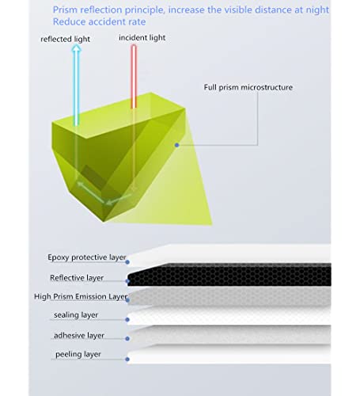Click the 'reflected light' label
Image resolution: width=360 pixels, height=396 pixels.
point(65,39)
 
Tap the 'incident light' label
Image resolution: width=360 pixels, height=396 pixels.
point(142,38)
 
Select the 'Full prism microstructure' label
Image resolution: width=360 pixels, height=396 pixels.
point(248,87)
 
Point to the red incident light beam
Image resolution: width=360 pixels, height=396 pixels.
point(134,77)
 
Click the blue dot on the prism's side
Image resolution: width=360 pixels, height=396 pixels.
point(177,145)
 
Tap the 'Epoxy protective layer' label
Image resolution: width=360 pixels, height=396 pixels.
point(87,257)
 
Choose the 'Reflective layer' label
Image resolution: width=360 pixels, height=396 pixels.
point(77,278)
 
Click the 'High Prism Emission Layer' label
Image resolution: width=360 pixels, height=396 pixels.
point(81,296)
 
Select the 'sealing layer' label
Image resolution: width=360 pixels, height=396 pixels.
point(76,314)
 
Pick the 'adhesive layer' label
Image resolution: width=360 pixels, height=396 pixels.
point(79,335)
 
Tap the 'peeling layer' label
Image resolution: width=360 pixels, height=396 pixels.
point(78,354)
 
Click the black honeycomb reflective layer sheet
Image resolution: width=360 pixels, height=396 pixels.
point(229,275)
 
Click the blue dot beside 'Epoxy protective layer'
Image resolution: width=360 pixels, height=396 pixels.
point(127,262)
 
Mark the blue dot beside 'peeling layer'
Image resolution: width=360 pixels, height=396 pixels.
point(127,360)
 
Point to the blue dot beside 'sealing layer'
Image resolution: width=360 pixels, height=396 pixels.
point(127,320)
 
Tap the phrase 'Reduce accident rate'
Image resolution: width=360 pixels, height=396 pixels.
point(99,21)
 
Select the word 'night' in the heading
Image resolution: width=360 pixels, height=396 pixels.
point(317,10)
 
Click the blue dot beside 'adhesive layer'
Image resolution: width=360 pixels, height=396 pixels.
point(127,338)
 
